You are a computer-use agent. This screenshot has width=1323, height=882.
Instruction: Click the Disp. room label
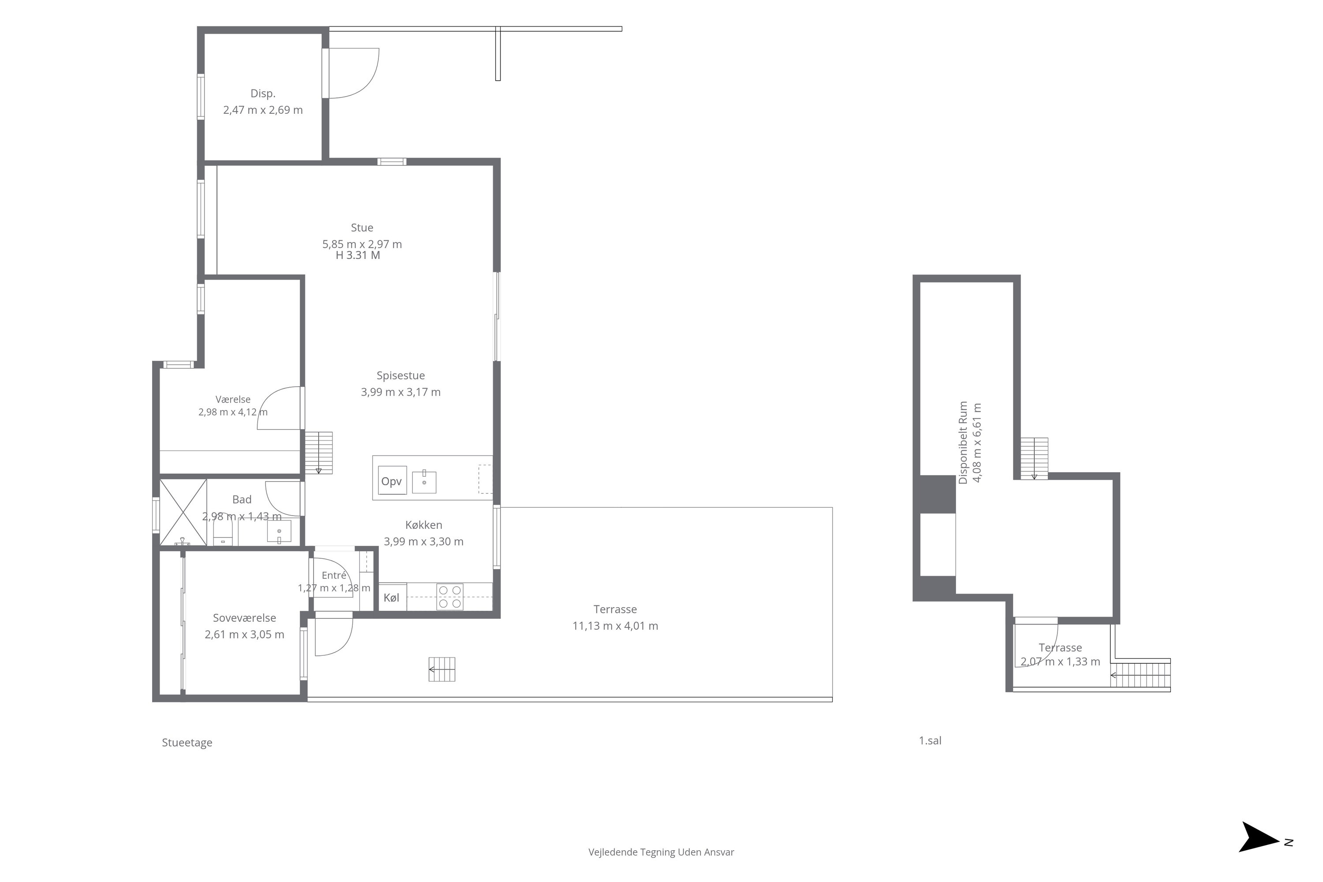click(x=263, y=94)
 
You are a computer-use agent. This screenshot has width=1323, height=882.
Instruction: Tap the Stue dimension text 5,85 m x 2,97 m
click(x=362, y=244)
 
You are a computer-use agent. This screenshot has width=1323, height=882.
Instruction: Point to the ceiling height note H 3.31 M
click(x=358, y=255)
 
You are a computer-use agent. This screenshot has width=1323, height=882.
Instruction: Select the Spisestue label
click(x=400, y=376)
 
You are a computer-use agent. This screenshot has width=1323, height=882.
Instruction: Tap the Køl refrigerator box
click(x=392, y=598)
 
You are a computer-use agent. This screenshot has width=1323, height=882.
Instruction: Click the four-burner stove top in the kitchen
click(x=450, y=597)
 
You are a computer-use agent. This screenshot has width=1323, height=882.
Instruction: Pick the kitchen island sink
click(x=424, y=482)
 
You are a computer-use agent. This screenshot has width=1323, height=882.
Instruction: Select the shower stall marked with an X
click(x=183, y=512)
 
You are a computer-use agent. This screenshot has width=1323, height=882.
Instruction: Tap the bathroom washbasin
click(x=279, y=531)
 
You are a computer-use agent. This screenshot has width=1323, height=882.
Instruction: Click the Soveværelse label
click(x=244, y=618)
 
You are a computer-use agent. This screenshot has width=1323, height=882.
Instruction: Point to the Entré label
click(x=334, y=576)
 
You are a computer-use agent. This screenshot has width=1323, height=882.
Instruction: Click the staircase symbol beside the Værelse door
click(x=318, y=453)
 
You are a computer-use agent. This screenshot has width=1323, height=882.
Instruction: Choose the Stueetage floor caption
click(x=187, y=743)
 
